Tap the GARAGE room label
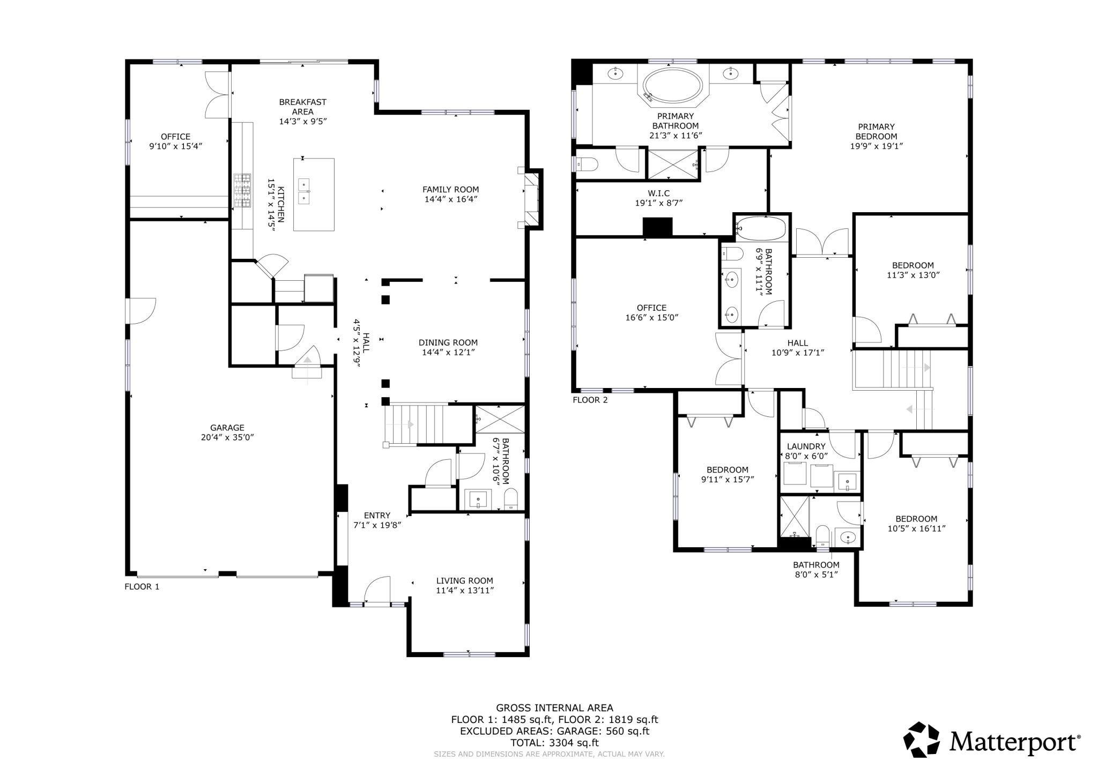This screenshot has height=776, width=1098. click(227, 428)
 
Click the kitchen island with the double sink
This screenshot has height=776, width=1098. click(314, 194)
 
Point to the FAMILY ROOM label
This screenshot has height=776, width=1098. click(450, 189)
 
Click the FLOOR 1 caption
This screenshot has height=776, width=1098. click(142, 586)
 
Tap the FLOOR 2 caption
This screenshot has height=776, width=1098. click(590, 400)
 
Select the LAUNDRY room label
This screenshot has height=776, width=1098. click(806, 446)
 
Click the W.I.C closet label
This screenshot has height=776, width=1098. click(658, 193)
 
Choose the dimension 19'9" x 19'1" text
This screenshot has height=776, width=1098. click(877, 146)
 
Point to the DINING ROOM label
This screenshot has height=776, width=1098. click(448, 342)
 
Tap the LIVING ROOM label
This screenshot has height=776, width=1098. click(464, 580)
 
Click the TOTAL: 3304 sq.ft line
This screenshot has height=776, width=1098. click(554, 743)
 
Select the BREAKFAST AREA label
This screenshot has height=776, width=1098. click(302, 107)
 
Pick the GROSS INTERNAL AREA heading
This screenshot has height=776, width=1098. click(554, 708)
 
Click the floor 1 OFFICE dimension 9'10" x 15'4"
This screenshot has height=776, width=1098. click(175, 146)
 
